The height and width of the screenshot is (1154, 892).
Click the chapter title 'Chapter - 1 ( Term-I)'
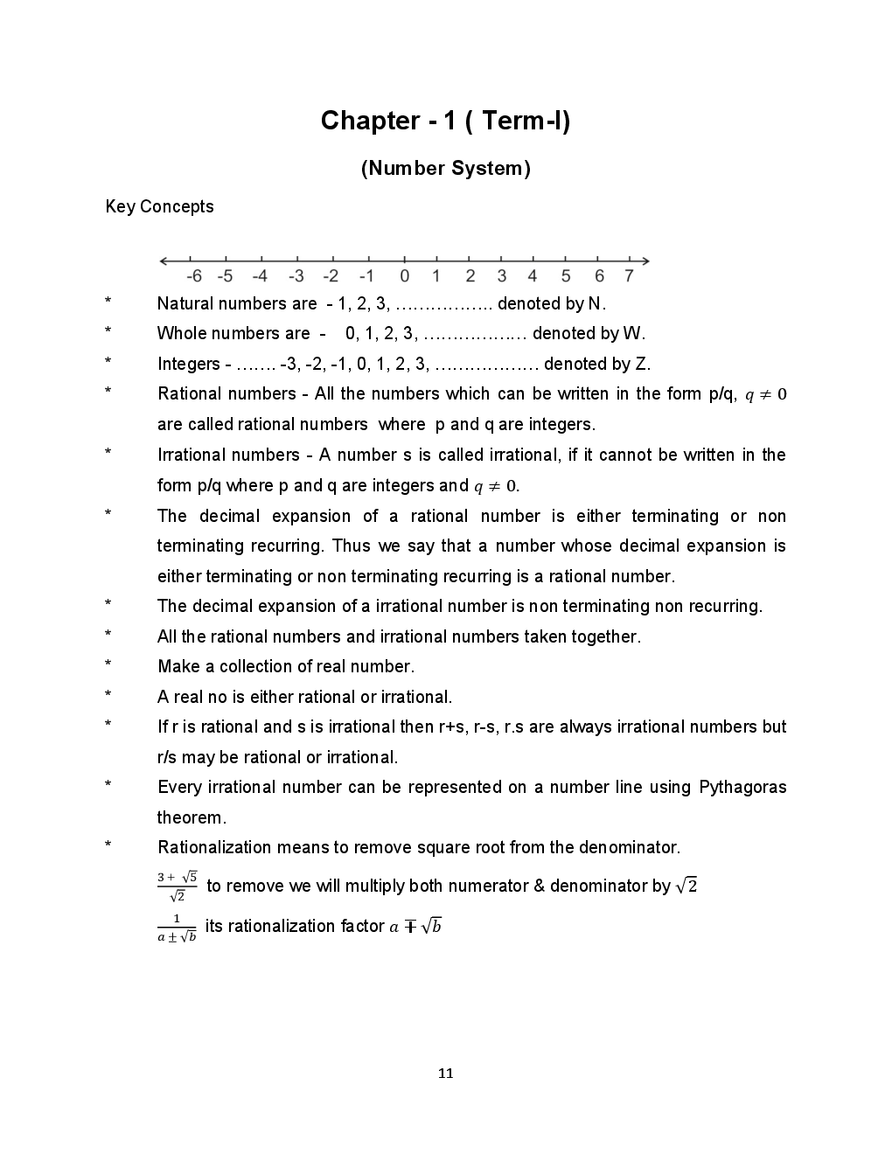(445, 121)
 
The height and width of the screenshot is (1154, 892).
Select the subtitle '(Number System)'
(445, 169)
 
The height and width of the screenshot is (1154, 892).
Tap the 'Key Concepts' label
(159, 207)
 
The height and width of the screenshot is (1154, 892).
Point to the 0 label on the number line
(404, 276)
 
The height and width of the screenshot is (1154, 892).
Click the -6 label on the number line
(194, 276)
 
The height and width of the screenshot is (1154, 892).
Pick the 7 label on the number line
(629, 276)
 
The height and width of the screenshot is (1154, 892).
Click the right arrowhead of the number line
(645, 261)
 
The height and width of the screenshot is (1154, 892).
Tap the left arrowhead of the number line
(164, 261)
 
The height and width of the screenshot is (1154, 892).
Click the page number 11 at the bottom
(445, 1074)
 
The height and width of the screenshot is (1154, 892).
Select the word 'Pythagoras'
(742, 787)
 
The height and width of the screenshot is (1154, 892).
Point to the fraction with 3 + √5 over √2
(177, 886)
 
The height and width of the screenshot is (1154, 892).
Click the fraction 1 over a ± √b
(177, 928)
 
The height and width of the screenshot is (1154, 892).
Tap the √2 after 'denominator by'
(686, 886)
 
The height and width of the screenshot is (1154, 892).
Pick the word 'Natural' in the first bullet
(185, 303)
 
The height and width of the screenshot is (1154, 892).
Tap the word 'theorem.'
(192, 817)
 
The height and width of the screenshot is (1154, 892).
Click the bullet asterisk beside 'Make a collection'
(108, 665)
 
